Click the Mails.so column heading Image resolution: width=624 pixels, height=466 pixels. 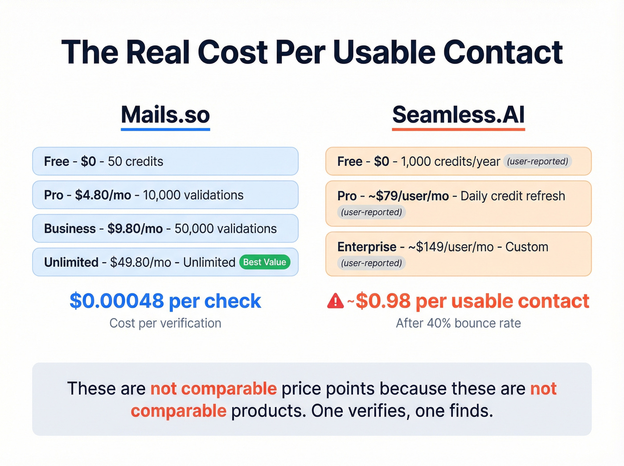coord(165,115)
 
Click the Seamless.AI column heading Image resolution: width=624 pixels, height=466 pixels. coord(458,115)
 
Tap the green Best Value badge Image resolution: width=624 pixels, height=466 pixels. coord(265,262)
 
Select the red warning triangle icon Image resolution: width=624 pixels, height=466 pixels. coord(335,301)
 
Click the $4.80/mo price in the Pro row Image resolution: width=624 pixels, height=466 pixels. coord(103,195)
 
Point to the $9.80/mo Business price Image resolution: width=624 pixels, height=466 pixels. coord(135,229)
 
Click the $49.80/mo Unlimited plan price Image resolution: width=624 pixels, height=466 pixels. coord(140,262)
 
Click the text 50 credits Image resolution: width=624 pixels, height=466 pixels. coord(135,161)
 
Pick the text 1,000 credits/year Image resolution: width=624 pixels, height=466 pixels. coord(450,161)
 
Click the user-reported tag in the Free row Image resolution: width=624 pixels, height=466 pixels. coord(538,161)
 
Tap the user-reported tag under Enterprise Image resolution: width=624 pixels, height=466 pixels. coord(372,263)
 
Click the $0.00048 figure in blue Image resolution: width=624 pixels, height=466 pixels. coord(117,301)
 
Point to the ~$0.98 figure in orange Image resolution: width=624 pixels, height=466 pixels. coord(382,301)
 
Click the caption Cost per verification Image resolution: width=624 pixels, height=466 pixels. coord(165,323)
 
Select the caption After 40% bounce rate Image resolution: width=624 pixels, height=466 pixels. coord(458,323)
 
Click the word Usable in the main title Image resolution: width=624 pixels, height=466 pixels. coord(384,53)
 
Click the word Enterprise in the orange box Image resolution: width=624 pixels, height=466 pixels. coord(367,247)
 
